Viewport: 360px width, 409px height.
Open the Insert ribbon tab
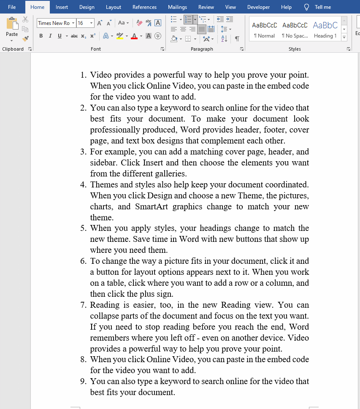pyautogui.click(x=62, y=7)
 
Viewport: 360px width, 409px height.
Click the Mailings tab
pyautogui.click(x=177, y=7)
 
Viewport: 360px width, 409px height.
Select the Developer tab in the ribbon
pyautogui.click(x=258, y=7)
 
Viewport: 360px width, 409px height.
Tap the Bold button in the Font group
pyautogui.click(x=41, y=36)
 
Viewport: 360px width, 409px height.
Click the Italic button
pyautogui.click(x=50, y=36)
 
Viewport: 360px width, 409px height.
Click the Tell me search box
pyautogui.click(x=322, y=7)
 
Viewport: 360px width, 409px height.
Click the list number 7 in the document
pyautogui.click(x=83, y=305)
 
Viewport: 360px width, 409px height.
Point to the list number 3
pyautogui.click(x=83, y=152)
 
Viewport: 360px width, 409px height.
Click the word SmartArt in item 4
pyautogui.click(x=152, y=207)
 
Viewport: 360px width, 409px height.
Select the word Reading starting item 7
pyautogui.click(x=105, y=305)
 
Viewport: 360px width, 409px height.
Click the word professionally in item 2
pyautogui.click(x=115, y=130)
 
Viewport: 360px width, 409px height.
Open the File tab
pyautogui.click(x=12, y=7)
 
